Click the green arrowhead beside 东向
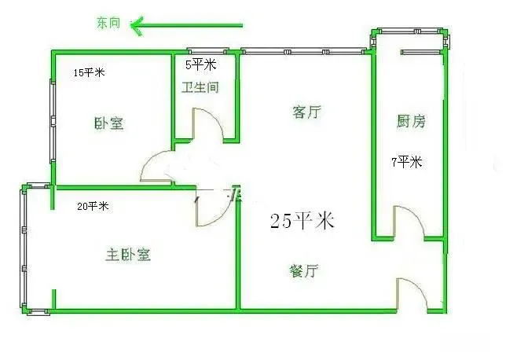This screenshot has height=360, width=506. pos(136,26)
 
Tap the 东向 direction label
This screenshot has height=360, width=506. pos(108,23)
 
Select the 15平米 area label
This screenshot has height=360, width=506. pos(89,72)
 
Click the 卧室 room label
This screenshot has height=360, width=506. pos(108,123)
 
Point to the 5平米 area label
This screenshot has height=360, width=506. pos(200,64)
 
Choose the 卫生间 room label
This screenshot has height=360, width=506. pos(200,87)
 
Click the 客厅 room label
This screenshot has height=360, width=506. pos(307,112)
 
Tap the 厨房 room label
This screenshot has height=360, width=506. pos(410,121)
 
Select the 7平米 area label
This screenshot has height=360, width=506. pos(407,162)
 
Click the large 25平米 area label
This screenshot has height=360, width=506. pos(302,221)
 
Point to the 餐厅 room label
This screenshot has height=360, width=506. pos(304,270)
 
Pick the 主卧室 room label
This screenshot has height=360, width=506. pos(128,255)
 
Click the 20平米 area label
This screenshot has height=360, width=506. pos(93,206)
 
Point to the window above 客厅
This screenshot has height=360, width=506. pos(303,51)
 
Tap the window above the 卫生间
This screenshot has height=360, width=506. pos(207,51)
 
